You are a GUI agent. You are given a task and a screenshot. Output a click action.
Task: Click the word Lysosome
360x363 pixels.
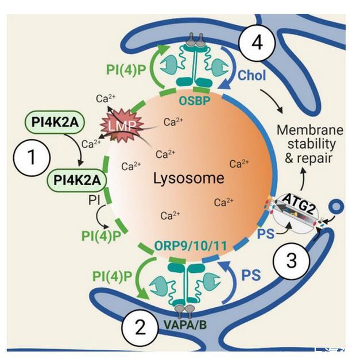click(188, 178)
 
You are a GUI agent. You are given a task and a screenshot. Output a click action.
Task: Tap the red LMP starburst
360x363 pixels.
click(119, 123)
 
